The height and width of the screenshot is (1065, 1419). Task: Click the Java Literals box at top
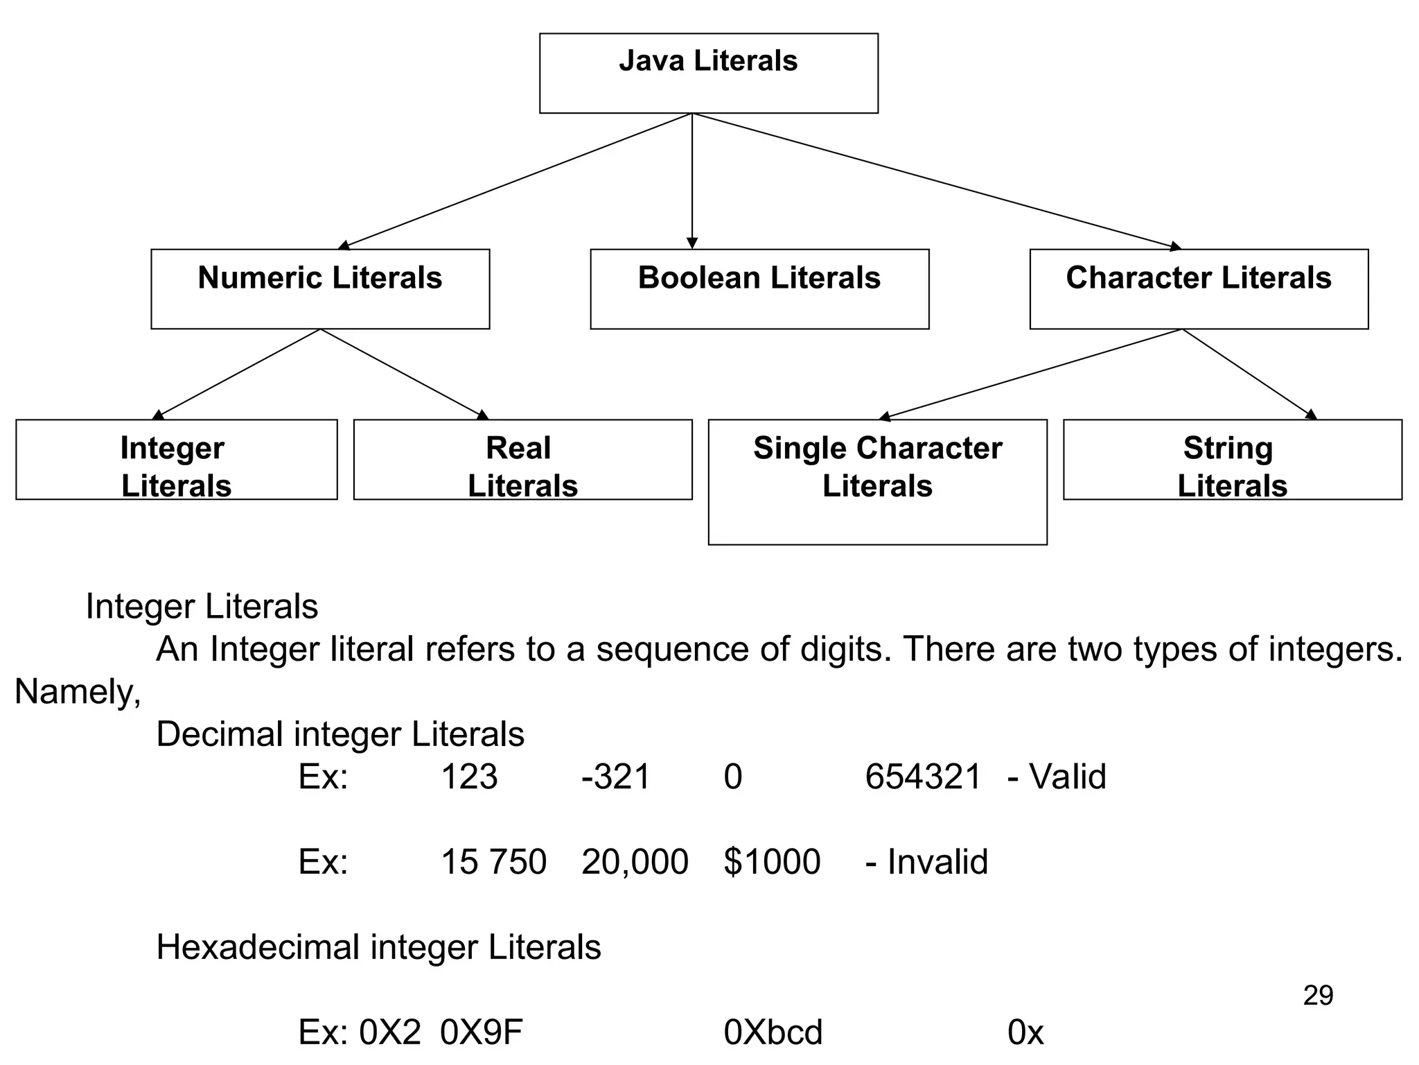[708, 73]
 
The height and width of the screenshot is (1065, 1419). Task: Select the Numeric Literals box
[320, 288]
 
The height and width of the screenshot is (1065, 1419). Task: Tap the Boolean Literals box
[759, 288]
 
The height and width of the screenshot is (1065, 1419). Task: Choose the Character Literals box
[1199, 288]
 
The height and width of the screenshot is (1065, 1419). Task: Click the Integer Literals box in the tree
[176, 459]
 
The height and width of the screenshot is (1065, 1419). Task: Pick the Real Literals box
[522, 459]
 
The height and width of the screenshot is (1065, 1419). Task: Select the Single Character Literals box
[877, 481]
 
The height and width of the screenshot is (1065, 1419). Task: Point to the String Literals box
[1232, 459]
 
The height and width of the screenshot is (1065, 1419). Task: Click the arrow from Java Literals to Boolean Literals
[691, 180]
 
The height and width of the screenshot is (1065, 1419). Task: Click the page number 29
[1318, 996]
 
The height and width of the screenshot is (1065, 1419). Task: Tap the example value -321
[616, 777]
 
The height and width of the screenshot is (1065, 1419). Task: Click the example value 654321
[923, 777]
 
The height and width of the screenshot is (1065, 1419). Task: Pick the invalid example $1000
[772, 862]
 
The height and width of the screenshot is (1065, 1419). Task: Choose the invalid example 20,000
[635, 862]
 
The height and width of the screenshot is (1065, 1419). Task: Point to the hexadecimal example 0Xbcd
[773, 1032]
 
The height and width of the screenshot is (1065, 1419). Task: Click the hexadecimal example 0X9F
[481, 1032]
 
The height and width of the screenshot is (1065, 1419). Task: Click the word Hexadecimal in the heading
[257, 947]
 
